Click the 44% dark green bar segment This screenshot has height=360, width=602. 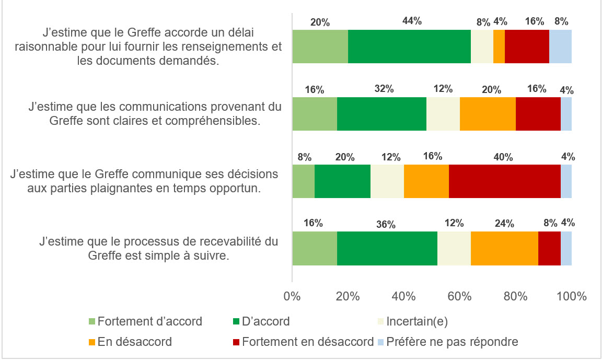[x=409, y=47]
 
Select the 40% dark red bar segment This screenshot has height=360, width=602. [x=504, y=181]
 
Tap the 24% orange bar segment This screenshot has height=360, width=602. [x=504, y=248]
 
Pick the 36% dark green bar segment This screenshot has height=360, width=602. [x=387, y=248]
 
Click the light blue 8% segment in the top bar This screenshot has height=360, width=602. [x=560, y=47]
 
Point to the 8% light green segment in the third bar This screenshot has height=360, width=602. [x=303, y=181]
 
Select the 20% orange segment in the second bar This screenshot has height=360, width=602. [x=488, y=114]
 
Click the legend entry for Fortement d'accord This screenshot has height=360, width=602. [x=149, y=321]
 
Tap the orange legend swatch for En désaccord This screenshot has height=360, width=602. [x=92, y=343]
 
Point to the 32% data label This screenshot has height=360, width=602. [x=384, y=89]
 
